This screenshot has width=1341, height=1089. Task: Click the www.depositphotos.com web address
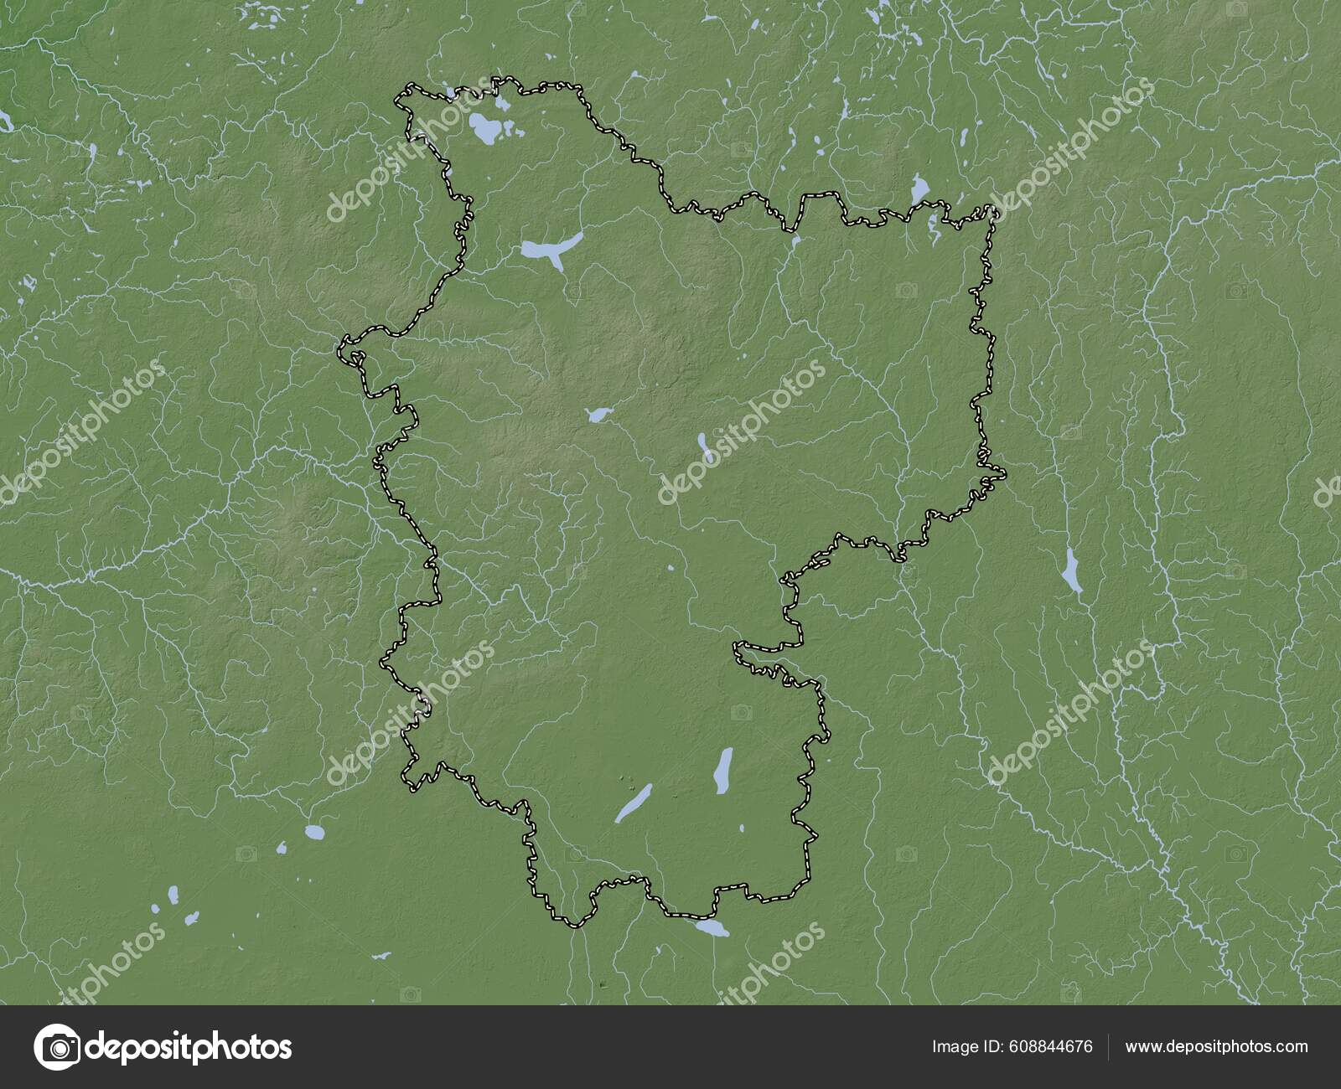tap(1216, 1046)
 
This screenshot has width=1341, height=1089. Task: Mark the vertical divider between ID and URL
tap(1109, 1046)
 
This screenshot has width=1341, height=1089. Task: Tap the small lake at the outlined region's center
tap(598, 414)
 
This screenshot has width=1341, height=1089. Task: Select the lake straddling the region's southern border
tap(712, 928)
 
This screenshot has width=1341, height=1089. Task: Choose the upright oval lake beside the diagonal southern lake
tap(722, 770)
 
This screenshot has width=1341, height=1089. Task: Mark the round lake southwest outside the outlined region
tap(313, 833)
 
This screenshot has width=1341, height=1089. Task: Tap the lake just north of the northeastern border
tap(919, 189)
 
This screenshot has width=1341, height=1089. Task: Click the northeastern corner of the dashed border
tap(993, 212)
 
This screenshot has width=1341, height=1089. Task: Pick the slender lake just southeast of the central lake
tap(704, 446)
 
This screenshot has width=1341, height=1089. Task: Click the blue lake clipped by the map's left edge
tap(7, 121)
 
